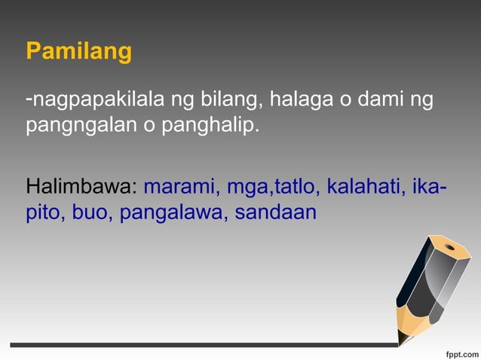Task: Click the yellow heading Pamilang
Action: (x=78, y=52)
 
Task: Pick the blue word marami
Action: (x=178, y=186)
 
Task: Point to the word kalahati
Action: (x=359, y=186)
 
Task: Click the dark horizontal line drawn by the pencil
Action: (x=204, y=345)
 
